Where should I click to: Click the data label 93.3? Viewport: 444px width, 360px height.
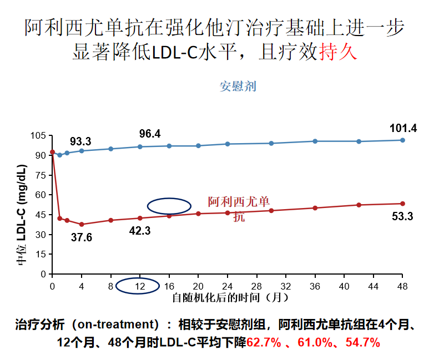point(80,141)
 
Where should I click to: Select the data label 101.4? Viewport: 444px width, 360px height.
point(403,128)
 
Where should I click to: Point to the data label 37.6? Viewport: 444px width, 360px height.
point(82,237)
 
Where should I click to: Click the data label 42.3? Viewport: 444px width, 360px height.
point(140,231)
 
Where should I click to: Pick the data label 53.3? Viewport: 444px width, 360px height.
point(402,217)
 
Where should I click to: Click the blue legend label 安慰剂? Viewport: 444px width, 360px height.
point(238,87)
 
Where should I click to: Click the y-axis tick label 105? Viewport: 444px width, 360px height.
point(38,135)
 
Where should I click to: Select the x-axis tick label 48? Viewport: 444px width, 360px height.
point(402,286)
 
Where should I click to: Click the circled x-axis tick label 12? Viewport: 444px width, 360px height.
point(140,286)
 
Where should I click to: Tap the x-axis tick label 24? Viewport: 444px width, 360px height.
point(228,286)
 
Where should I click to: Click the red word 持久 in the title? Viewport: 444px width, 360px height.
point(337,52)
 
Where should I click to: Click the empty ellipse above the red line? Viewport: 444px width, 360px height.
point(169,205)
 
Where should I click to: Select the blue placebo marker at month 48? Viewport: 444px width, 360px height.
point(402,140)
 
